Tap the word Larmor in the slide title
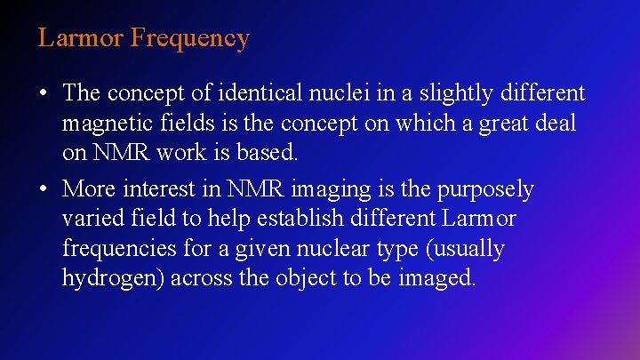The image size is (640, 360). click(81, 38)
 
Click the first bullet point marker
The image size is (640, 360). click(43, 93)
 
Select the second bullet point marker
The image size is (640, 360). click(43, 189)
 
